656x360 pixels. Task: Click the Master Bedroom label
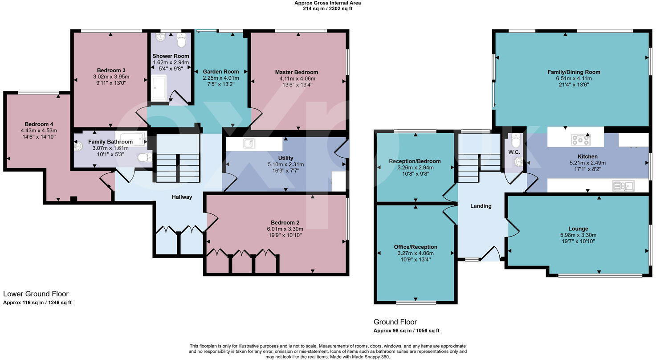point(296,72)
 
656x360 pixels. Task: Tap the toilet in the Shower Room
point(182,40)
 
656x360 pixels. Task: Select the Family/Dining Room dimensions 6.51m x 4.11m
point(574,78)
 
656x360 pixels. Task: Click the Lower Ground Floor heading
point(36,294)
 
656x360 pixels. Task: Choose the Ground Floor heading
point(395,322)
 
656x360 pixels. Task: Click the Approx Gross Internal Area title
point(327,3)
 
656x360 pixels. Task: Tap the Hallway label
point(182,197)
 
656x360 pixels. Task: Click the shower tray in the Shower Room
point(159,87)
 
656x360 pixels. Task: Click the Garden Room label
point(220,72)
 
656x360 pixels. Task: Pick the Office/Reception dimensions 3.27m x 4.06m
point(415,253)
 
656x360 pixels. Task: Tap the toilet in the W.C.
point(516,142)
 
